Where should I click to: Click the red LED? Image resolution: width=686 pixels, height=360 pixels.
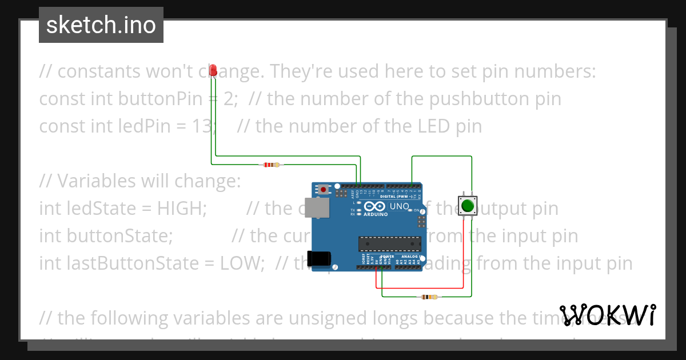[213, 70]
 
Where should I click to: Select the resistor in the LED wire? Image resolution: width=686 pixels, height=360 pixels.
[272, 165]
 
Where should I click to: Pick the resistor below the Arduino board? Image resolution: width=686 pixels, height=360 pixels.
[429, 297]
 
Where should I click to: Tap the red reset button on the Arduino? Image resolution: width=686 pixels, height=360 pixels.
[324, 189]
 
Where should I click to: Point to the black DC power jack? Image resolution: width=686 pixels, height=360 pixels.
[318, 259]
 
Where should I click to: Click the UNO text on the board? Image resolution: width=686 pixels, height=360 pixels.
[400, 206]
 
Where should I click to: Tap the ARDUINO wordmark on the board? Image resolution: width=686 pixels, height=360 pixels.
[376, 214]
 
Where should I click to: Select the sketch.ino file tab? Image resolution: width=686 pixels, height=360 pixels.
[101, 25]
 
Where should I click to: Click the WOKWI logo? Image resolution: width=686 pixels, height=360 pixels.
[607, 315]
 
